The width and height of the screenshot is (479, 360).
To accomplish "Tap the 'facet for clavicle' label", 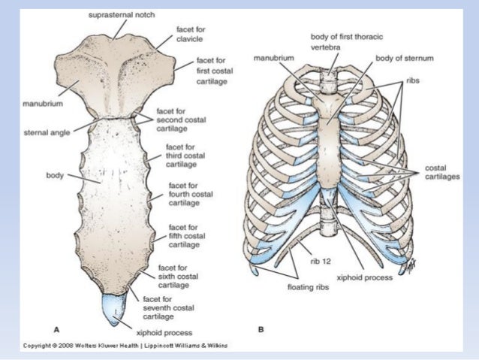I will tap(191, 35).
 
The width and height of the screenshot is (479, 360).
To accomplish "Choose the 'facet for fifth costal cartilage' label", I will tap(185, 235).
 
